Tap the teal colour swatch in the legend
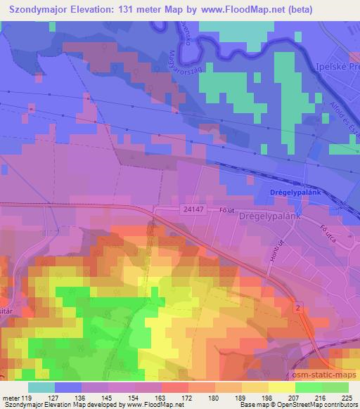tap(41, 387)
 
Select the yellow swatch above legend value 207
tap(281, 387)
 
